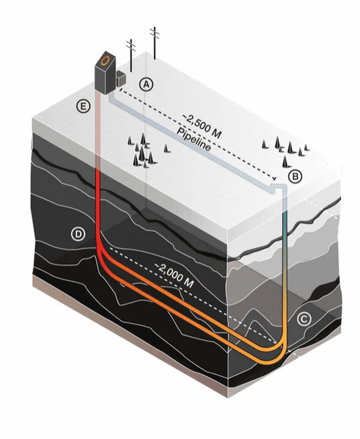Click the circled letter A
[146, 84]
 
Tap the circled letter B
[296, 176]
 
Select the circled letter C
[304, 319]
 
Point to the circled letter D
[78, 234]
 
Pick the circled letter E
[83, 106]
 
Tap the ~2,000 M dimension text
[174, 276]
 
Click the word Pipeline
[193, 139]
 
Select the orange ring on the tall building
[105, 61]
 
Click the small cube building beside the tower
[121, 78]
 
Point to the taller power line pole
[154, 43]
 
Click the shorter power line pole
[130, 55]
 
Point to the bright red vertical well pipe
[98, 202]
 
